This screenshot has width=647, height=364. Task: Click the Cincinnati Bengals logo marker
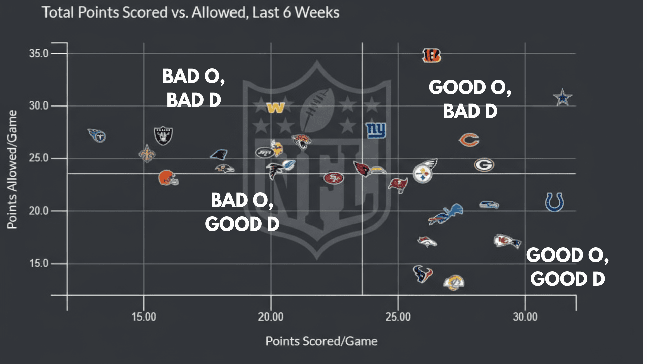point(431,55)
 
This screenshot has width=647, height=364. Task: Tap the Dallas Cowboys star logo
point(562,98)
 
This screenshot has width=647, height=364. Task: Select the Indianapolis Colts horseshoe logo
point(554,202)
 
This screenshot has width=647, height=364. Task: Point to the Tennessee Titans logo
point(97,135)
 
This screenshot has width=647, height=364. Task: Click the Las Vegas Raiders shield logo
point(163,135)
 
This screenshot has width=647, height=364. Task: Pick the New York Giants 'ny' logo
point(376,130)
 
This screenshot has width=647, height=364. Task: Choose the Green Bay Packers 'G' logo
point(484,165)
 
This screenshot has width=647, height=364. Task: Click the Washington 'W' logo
point(276,108)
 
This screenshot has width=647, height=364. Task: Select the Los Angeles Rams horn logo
point(454,282)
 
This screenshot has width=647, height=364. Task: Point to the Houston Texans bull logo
point(423,274)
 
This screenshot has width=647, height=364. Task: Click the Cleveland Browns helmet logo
point(167,178)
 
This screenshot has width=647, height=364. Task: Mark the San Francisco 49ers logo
point(334,178)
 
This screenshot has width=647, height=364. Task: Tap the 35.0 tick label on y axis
point(39,53)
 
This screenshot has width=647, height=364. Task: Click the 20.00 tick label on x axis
point(271,317)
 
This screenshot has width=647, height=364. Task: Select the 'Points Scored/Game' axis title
point(321,341)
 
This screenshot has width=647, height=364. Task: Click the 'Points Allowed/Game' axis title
point(12,169)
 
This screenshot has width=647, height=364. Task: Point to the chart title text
point(190,12)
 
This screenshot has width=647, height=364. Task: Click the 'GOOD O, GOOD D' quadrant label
point(567,267)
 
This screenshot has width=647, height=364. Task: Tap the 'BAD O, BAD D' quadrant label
point(194,88)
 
